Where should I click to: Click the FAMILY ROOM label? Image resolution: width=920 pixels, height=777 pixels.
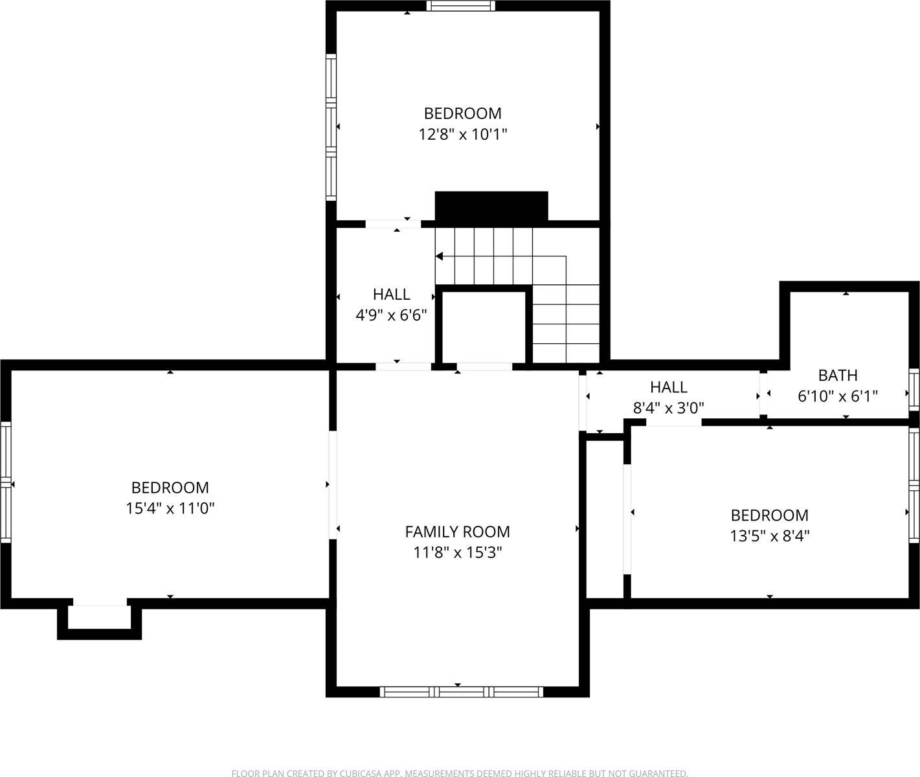tap(457, 532)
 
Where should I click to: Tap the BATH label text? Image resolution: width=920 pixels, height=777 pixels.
tap(838, 375)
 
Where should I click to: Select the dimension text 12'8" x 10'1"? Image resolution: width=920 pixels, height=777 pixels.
tap(462, 135)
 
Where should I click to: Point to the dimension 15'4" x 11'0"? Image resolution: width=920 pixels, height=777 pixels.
tap(170, 508)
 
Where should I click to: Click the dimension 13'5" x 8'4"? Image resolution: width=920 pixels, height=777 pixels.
tap(769, 536)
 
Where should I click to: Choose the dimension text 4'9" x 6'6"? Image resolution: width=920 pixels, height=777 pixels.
tap(391, 315)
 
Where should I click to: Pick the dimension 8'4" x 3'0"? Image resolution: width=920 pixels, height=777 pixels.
tap(668, 408)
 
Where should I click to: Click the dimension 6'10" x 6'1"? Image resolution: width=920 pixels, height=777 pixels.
tap(838, 396)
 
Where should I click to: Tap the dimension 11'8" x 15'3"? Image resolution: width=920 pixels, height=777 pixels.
tap(457, 553)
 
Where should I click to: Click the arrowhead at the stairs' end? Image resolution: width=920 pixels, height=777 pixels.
tap(439, 256)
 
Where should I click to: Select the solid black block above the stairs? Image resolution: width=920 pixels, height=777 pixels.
tap(491, 206)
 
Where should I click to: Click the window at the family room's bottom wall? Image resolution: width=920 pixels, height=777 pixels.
tap(461, 692)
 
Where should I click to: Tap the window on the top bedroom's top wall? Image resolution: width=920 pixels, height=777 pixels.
tap(460, 6)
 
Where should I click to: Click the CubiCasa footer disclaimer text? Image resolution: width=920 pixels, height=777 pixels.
tap(460, 772)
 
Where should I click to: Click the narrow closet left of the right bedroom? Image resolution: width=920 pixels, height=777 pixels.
tap(605, 518)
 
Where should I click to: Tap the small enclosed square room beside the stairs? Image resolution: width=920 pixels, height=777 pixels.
tap(484, 327)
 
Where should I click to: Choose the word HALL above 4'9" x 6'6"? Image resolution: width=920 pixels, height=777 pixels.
tap(391, 295)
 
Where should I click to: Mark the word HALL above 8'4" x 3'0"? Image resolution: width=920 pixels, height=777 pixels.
tap(668, 387)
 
